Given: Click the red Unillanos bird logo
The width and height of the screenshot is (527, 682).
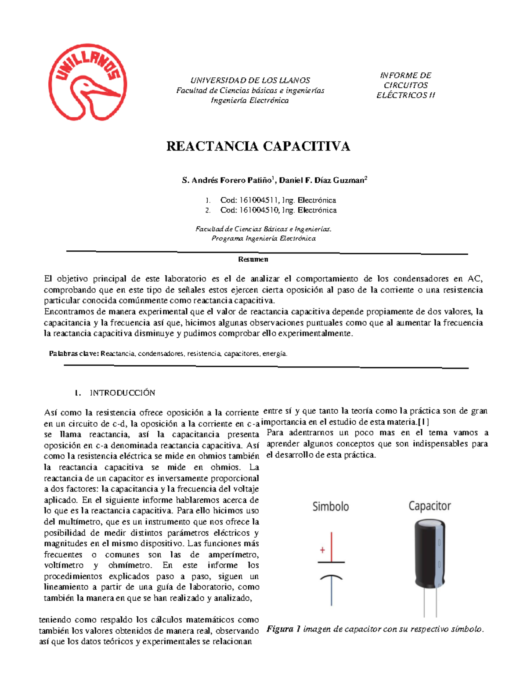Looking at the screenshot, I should pyautogui.click(x=87, y=82).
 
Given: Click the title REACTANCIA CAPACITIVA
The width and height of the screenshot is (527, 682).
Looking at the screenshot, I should pyautogui.click(x=258, y=146).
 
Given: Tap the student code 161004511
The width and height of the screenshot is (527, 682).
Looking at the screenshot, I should pyautogui.click(x=258, y=200).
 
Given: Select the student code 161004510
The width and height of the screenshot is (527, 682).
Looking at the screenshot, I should pyautogui.click(x=259, y=210).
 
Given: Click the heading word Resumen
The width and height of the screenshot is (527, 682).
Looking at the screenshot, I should pyautogui.click(x=253, y=259).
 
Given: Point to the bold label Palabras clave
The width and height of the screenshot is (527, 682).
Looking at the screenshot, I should pyautogui.click(x=74, y=354).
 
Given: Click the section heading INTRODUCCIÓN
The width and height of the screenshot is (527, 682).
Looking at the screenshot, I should pyautogui.click(x=122, y=393).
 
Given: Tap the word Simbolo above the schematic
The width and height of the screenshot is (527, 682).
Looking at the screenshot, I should pyautogui.click(x=330, y=507).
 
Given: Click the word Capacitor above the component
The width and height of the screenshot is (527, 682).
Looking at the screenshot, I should pyautogui.click(x=430, y=506).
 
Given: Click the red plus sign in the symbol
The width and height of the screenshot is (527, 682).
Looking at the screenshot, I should pyautogui.click(x=322, y=550).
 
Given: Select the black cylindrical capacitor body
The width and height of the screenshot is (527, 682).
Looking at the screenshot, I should pyautogui.click(x=429, y=553).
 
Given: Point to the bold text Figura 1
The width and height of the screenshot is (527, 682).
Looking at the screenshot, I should pyautogui.click(x=283, y=629).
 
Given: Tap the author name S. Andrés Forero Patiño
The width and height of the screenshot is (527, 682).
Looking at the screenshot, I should pyautogui.click(x=227, y=180).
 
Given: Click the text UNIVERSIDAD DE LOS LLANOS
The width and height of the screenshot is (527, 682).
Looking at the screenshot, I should pyautogui.click(x=250, y=80).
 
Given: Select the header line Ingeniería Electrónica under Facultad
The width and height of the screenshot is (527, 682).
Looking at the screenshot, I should pyautogui.click(x=249, y=101).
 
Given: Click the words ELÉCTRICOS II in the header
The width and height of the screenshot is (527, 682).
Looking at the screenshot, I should pyautogui.click(x=405, y=95).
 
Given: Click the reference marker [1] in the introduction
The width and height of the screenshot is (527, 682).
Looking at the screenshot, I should pyautogui.click(x=424, y=422).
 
